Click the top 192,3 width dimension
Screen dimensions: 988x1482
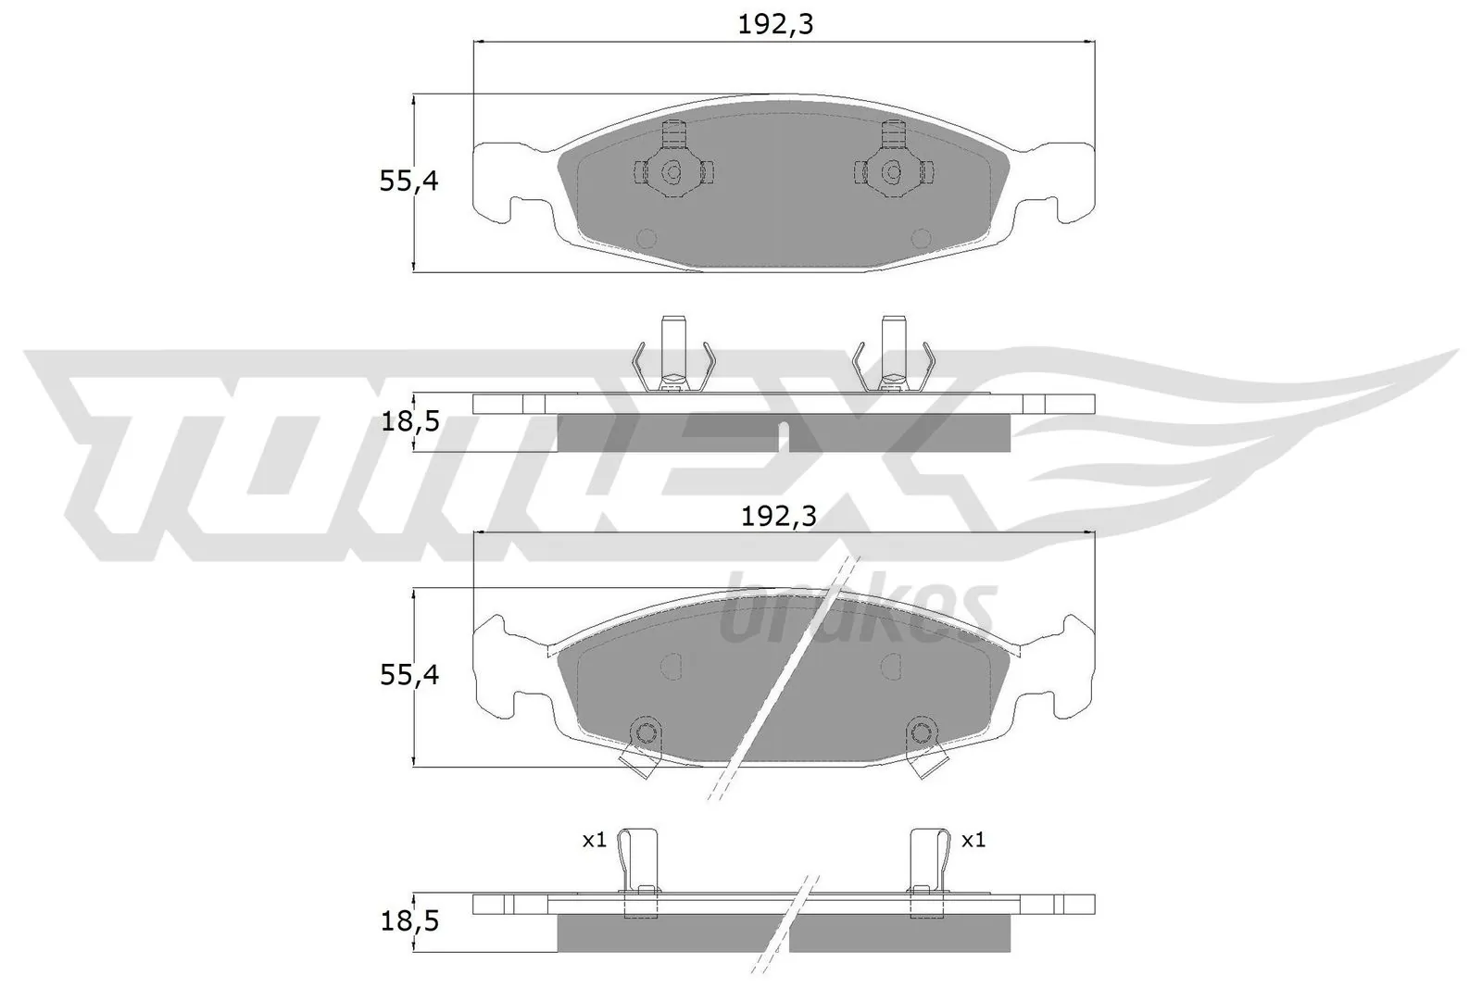775,25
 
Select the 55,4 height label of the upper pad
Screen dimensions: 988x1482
408,181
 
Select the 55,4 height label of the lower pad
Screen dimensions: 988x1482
408,675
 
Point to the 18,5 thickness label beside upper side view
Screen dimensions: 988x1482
408,423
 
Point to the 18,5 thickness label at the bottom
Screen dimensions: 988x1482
408,921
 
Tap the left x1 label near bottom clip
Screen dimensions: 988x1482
594,840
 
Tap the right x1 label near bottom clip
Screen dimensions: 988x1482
973,840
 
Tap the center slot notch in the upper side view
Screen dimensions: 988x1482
783,435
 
